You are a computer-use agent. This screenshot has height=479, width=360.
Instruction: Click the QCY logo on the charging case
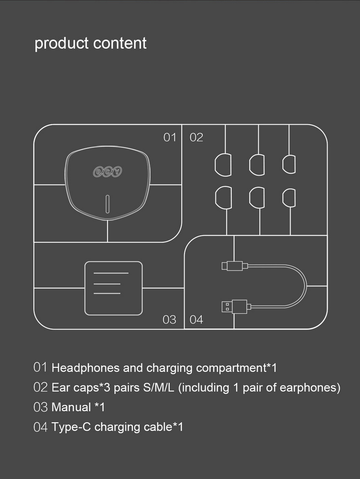click(x=108, y=172)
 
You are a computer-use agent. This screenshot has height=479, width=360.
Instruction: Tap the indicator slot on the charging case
click(x=108, y=204)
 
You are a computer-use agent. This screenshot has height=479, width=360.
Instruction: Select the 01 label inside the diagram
click(x=170, y=137)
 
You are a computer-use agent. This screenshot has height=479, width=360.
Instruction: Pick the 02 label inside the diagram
click(x=196, y=137)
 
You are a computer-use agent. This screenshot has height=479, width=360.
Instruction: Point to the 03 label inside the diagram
click(x=169, y=320)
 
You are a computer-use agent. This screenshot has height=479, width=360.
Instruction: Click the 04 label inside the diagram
click(x=196, y=320)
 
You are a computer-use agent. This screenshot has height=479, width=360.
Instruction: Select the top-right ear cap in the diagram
click(x=289, y=163)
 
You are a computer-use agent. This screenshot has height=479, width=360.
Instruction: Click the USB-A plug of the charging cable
click(x=234, y=307)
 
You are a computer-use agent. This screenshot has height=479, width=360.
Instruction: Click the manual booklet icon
click(x=113, y=283)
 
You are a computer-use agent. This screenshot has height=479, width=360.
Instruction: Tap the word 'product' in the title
click(x=62, y=44)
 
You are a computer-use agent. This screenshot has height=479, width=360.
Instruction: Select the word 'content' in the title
click(x=120, y=44)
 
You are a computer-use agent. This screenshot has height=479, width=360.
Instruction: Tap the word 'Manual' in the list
click(x=71, y=407)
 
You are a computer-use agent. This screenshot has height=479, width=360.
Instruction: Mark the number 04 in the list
click(x=40, y=427)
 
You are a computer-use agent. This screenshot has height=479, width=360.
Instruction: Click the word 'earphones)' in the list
click(x=310, y=388)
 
